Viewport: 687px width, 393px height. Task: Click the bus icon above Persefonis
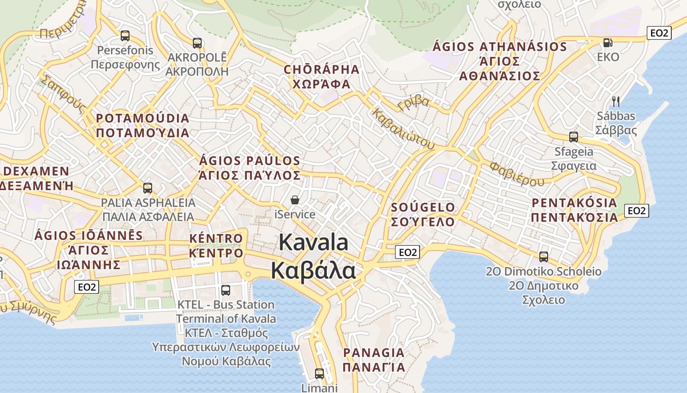pos(125,36)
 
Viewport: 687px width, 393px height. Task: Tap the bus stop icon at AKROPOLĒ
pos(197,43)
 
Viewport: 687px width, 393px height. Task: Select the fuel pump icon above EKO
pos(608,43)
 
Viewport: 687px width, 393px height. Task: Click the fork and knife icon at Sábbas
pos(616,102)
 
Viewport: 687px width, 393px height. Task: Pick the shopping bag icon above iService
pos(295,200)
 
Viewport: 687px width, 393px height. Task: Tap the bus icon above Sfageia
pos(573,137)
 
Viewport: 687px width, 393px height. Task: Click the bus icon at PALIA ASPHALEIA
pos(148,188)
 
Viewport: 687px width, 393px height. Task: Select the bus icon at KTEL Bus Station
pos(226,290)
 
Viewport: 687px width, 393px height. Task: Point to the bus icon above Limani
pos(319,374)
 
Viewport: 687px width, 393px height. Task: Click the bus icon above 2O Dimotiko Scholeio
pos(544,256)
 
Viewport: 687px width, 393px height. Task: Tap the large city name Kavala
pos(314,243)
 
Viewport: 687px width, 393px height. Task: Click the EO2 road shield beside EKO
pos(659,33)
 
